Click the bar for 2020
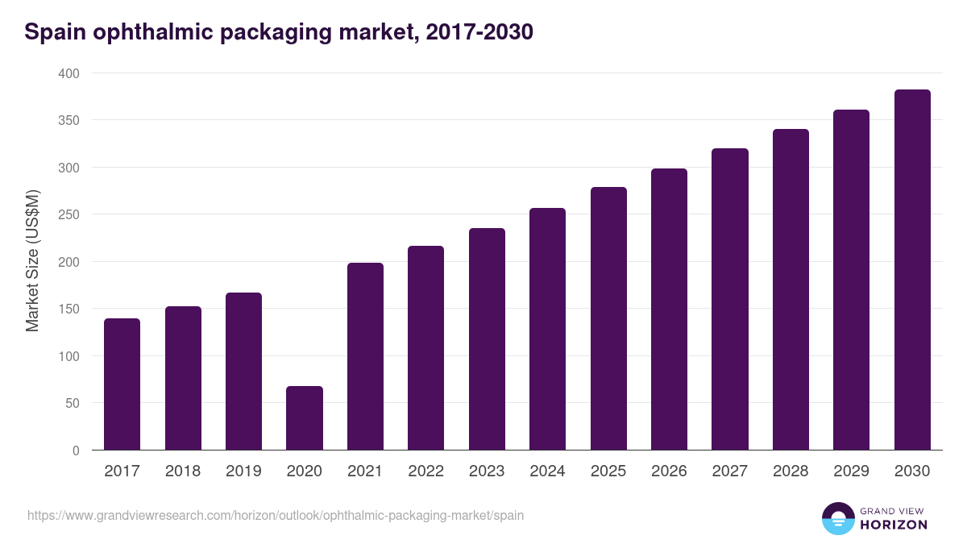[305, 418]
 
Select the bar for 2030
[912, 270]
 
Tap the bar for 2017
[122, 384]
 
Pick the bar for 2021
[365, 356]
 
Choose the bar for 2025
[608, 318]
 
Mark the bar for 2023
[487, 339]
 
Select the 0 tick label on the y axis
[76, 451]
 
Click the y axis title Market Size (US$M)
[32, 261]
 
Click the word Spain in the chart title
[53, 32]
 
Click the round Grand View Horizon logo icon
[838, 518]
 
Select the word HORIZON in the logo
[894, 525]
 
